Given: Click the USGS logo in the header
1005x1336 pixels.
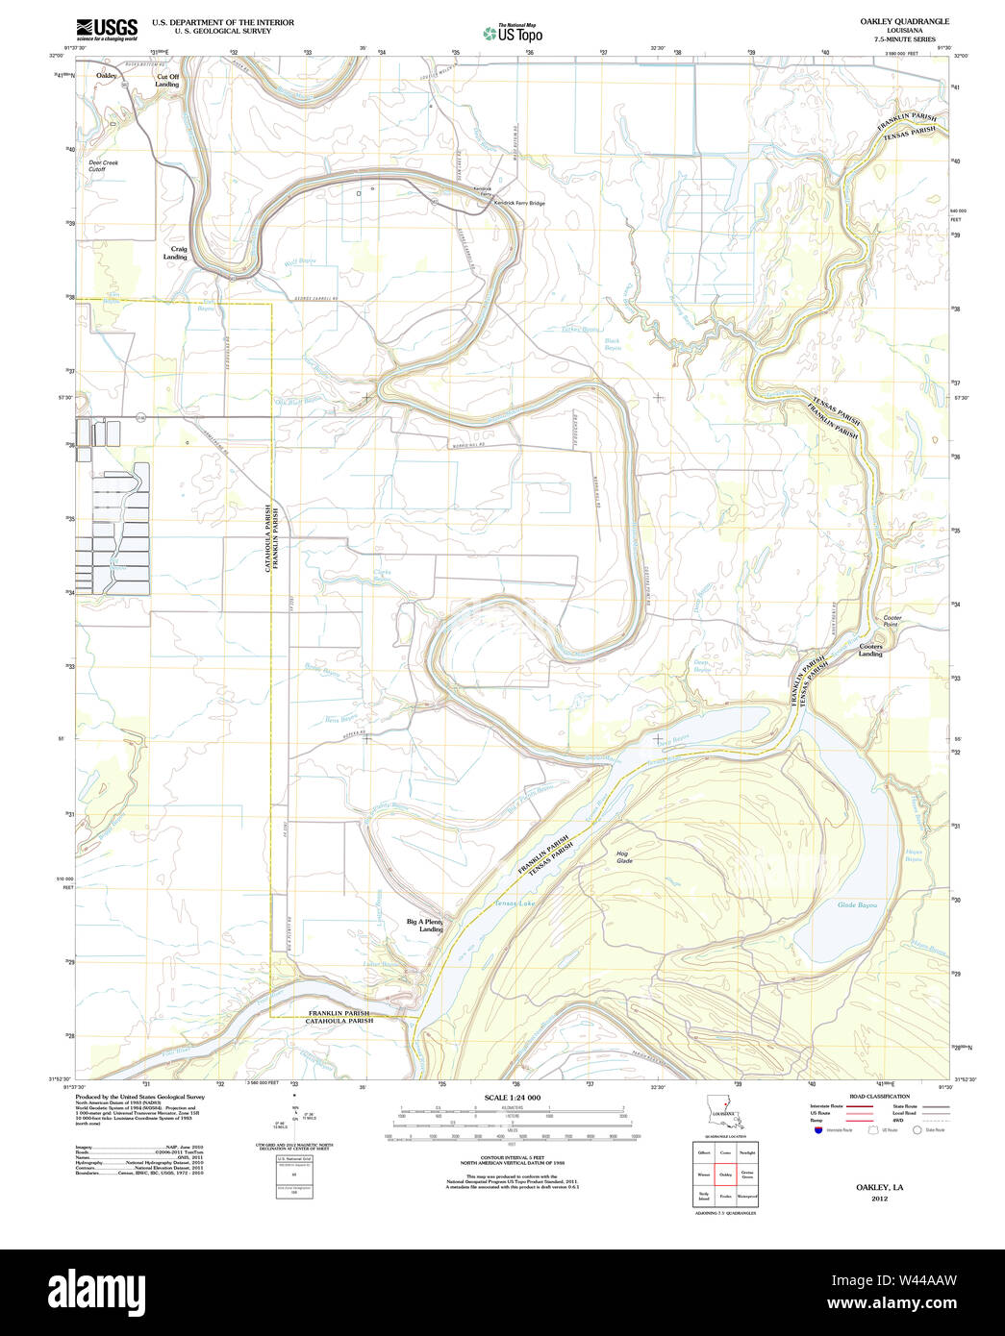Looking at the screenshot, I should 107,28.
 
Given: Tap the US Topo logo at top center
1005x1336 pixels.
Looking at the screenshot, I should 514,34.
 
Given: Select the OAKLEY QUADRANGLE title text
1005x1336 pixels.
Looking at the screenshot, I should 891,21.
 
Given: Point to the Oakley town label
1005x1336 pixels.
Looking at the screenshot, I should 106,75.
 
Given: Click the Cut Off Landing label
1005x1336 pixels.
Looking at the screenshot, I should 167,81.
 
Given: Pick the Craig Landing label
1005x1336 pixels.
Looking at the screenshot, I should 175,254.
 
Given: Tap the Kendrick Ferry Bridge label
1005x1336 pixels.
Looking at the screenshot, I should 518,204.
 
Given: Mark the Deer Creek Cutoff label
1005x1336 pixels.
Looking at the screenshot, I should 103,166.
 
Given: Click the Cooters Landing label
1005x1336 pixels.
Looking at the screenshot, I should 870,651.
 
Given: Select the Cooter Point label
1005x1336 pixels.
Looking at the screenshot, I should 892,621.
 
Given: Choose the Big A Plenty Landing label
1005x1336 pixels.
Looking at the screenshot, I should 425,926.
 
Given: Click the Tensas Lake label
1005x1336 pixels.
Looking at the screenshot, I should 514,903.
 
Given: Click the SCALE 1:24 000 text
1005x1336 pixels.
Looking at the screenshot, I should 512,1098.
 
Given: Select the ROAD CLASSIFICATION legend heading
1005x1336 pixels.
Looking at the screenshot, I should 879,1097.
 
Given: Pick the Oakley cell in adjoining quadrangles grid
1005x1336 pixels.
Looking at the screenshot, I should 725,1174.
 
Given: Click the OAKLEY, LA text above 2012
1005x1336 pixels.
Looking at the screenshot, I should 879,1188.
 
